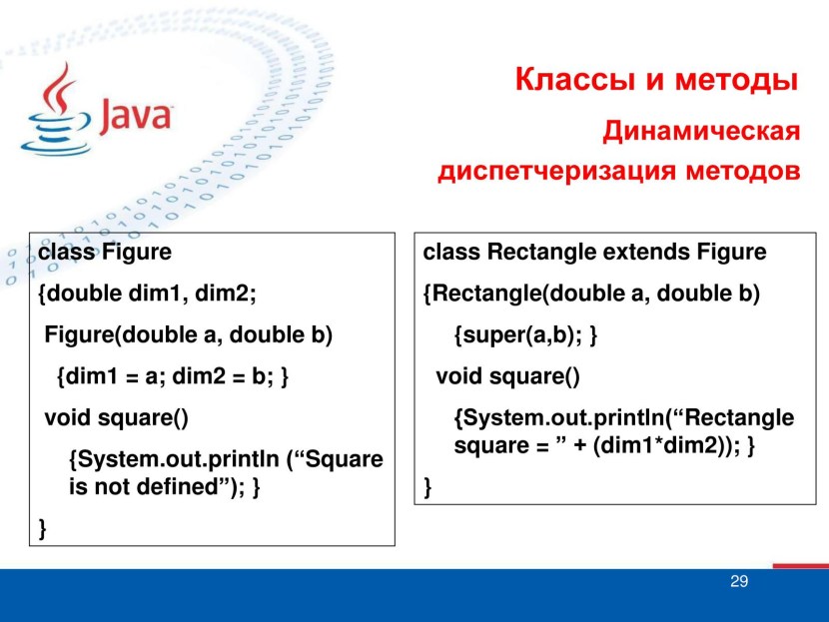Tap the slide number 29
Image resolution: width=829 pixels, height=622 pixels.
click(x=739, y=582)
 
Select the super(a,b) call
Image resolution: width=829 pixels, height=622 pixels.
click(x=521, y=335)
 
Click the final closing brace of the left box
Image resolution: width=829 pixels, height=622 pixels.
click(x=43, y=527)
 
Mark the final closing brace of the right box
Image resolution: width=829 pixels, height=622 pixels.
click(x=428, y=487)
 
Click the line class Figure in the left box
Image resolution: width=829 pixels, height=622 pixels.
click(x=105, y=253)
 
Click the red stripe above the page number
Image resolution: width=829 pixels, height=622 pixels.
click(x=799, y=566)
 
